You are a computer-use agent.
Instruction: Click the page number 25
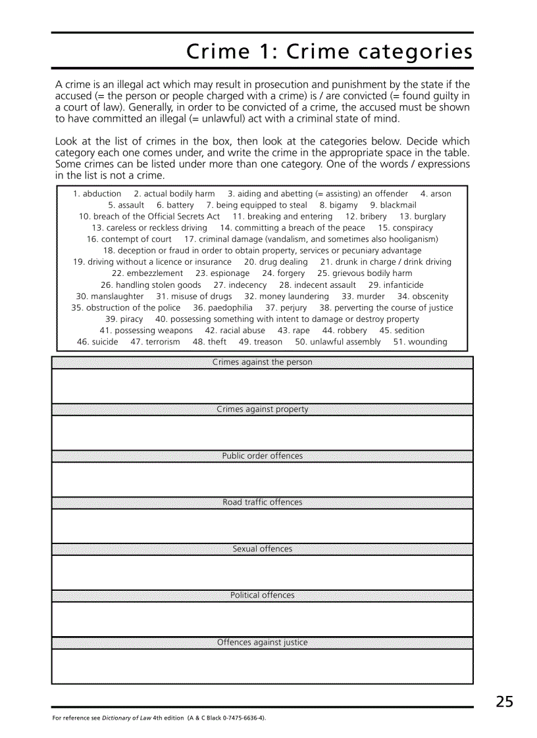[x=504, y=702]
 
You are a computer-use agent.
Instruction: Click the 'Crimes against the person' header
[x=262, y=362]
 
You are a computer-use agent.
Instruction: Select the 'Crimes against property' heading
[x=262, y=409]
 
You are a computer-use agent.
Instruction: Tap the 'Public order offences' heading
[x=262, y=455]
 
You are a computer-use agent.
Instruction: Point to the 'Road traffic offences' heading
[x=262, y=502]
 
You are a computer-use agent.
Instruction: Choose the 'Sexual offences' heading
[x=262, y=549]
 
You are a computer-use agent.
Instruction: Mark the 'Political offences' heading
[x=262, y=595]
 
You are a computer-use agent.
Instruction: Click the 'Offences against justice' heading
[x=262, y=642]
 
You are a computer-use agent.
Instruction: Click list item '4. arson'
[x=436, y=194]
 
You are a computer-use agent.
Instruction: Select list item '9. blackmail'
[x=393, y=205]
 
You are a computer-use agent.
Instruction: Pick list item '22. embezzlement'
[x=147, y=273]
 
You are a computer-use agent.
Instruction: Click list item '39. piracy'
[x=124, y=319]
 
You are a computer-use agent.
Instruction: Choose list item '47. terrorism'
[x=155, y=342]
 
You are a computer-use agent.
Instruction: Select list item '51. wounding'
[x=420, y=342]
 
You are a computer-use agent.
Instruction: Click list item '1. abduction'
[x=97, y=194]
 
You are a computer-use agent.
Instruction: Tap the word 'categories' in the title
[x=415, y=51]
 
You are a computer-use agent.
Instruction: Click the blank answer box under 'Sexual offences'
[x=262, y=572]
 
